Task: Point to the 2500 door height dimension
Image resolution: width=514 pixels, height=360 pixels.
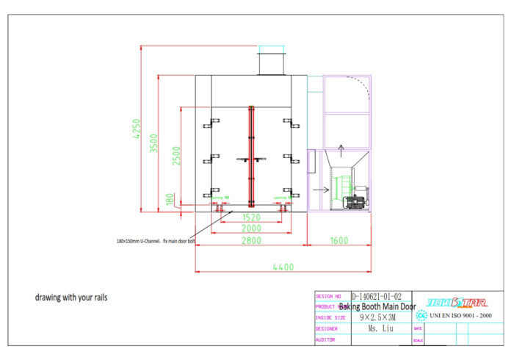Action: click(x=176, y=155)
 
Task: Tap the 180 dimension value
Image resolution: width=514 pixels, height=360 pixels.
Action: click(x=170, y=201)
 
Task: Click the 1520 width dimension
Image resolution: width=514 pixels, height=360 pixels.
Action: click(x=250, y=217)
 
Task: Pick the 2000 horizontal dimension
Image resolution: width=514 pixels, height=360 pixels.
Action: click(x=250, y=228)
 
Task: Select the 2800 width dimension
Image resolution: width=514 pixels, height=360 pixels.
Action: click(x=250, y=240)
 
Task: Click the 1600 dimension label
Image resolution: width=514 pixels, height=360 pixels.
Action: click(x=339, y=240)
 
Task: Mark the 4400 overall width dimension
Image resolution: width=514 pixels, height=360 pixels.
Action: click(x=282, y=267)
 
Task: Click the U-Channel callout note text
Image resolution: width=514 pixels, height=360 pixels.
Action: click(x=155, y=240)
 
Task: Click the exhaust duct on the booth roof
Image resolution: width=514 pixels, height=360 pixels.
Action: click(x=270, y=61)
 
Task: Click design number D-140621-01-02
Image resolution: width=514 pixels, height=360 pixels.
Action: click(x=377, y=296)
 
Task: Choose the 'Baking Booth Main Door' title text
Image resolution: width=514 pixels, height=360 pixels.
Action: click(x=377, y=306)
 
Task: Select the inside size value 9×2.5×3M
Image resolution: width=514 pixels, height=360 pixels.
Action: click(x=377, y=317)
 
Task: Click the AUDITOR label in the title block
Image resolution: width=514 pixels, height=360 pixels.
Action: click(x=326, y=340)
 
